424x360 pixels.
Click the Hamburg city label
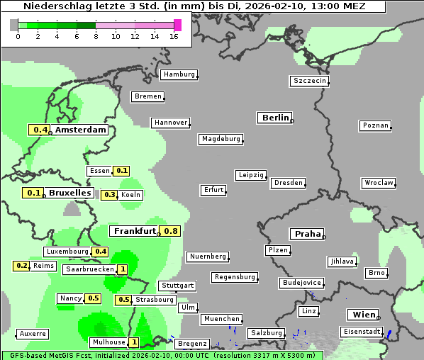coord(179,74)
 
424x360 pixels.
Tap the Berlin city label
coord(275,118)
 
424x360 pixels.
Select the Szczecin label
coord(310,81)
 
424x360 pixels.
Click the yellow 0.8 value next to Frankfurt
coord(171,231)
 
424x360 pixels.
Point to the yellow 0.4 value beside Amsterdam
coord(40,130)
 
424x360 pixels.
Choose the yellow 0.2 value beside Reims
coord(22,266)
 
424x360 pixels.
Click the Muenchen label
coord(222,320)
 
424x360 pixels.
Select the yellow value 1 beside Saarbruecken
coord(123,269)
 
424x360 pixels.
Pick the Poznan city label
coord(376,125)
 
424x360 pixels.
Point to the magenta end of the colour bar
coord(177,25)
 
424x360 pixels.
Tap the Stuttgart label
coord(177,286)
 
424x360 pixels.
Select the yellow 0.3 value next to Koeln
coord(110,195)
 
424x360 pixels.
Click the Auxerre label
coord(33,333)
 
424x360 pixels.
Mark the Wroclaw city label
coord(379,183)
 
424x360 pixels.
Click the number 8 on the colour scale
coord(96,36)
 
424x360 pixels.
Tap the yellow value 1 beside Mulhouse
coord(135,342)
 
